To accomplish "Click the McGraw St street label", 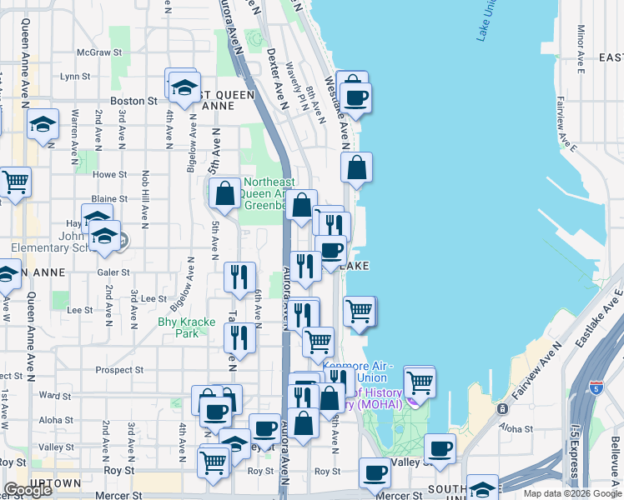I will (93, 52).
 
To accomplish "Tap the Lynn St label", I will (75, 76).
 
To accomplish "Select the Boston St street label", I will (133, 101).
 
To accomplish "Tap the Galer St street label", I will (113, 272).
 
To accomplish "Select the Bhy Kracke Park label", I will (187, 327).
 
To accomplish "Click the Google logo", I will (28, 490).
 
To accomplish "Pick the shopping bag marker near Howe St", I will (356, 167).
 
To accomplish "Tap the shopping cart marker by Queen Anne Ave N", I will (15, 181).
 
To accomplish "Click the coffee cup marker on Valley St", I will (440, 448).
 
